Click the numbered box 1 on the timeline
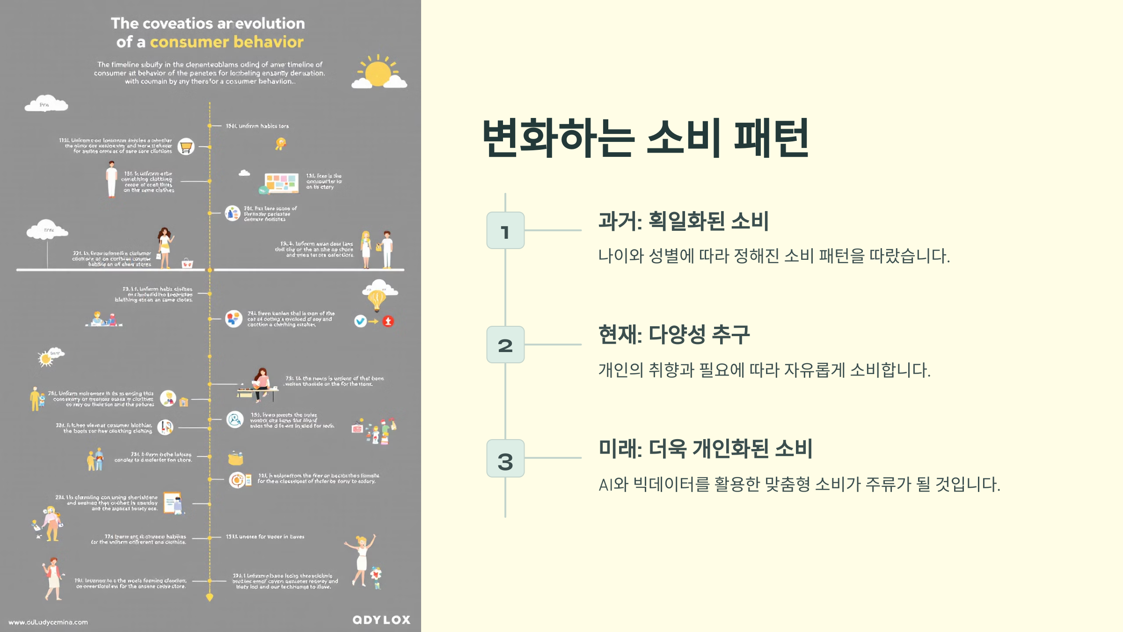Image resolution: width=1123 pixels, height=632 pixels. pos(505,230)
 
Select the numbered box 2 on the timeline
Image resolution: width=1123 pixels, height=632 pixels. pos(505,345)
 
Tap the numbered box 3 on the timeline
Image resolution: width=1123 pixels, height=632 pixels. pos(505,459)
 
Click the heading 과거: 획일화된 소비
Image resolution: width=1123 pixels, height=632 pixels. pos(683,221)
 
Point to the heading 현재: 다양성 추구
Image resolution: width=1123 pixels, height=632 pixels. pos(674,335)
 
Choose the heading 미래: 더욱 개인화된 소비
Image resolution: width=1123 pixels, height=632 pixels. pos(705,448)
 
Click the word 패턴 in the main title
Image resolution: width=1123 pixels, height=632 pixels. pos(771,138)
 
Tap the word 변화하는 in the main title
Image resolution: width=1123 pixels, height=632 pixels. pos(558,138)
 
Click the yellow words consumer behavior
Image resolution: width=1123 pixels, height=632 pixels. pos(226,42)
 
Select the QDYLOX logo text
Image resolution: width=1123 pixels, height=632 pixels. pos(381,620)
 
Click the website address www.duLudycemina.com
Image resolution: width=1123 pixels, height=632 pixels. pos(48,622)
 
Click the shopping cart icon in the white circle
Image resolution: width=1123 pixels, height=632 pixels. pos(186,147)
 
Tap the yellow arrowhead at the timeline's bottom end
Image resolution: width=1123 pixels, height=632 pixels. pos(210,597)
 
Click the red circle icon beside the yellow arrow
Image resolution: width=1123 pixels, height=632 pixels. pos(388,321)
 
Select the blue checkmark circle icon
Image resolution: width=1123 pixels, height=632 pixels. pos(360,321)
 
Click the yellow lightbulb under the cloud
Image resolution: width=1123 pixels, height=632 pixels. pos(377,299)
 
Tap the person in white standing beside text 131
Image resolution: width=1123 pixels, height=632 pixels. pos(111,179)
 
